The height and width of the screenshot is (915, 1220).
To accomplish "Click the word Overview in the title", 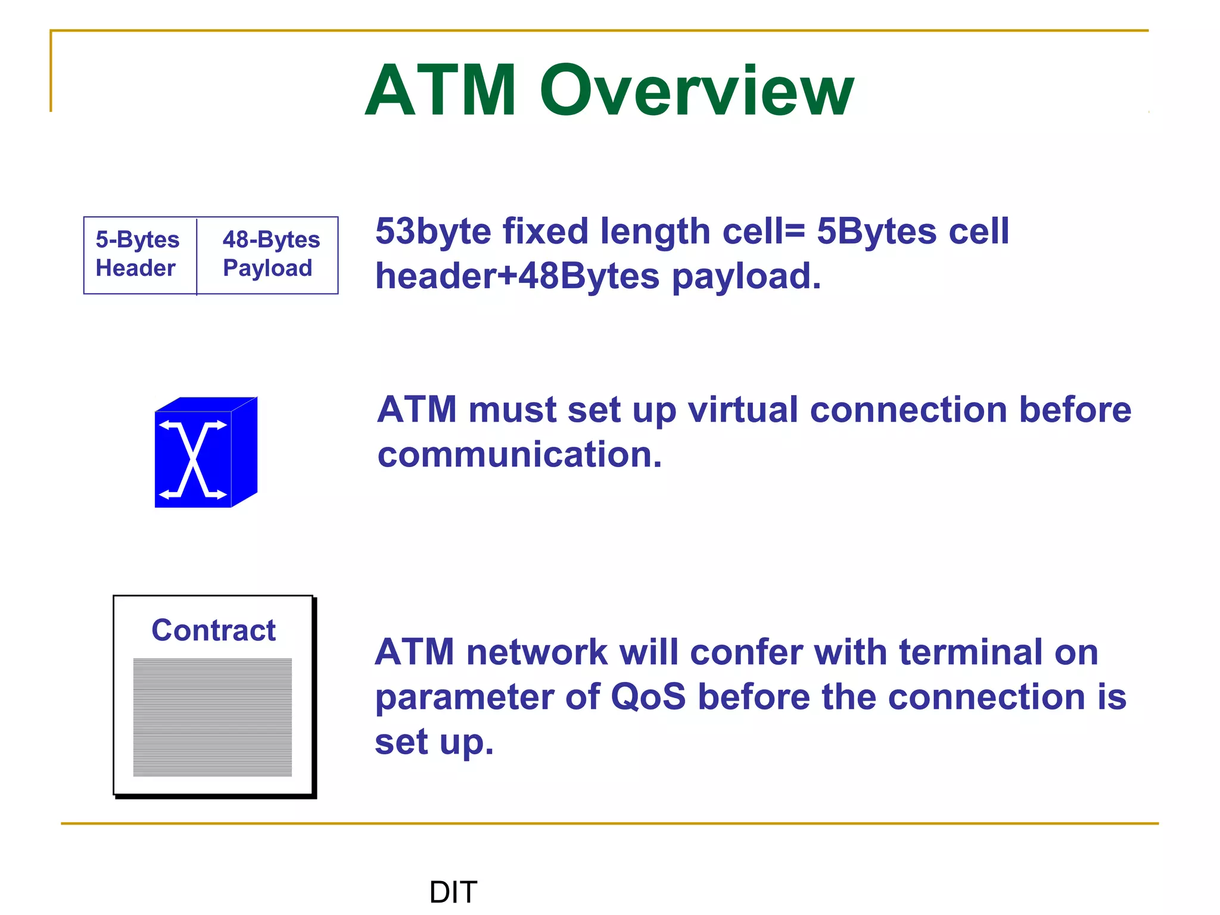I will [x=697, y=91].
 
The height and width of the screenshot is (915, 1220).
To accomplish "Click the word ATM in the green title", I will [x=441, y=91].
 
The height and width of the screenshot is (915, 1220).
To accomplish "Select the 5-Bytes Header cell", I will [x=139, y=254].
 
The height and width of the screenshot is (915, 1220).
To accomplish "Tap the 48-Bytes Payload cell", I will [x=269, y=254].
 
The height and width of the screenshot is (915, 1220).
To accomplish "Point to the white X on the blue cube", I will [x=193, y=459].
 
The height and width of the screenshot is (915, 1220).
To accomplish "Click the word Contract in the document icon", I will [x=213, y=630].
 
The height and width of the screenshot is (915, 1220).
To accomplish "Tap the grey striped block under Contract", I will [x=213, y=717].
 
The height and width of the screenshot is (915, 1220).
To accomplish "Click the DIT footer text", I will [x=453, y=892].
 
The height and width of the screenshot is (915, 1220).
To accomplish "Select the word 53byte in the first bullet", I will [x=432, y=231].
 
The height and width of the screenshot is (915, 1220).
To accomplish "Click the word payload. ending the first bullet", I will [x=746, y=277].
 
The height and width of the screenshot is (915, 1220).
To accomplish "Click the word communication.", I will [x=519, y=455].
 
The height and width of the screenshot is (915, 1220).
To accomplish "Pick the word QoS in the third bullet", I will [x=649, y=697].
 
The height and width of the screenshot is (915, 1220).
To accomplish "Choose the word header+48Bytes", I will [x=517, y=277].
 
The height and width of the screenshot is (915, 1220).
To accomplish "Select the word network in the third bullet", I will [x=537, y=652].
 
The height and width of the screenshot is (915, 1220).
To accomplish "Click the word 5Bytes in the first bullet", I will [x=876, y=231].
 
